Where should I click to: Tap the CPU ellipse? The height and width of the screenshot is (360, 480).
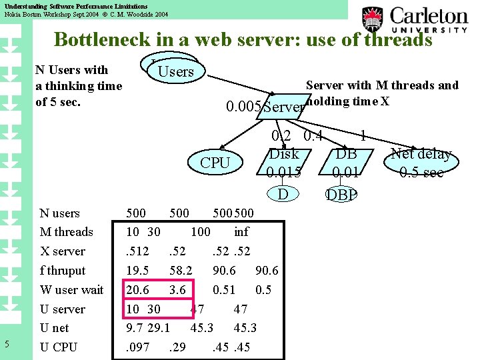coord(215,162)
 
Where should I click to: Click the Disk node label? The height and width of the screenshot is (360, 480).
coord(284,154)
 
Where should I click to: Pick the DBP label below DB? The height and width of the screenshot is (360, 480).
coord(341,195)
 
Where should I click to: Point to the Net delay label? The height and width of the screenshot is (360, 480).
coord(421,155)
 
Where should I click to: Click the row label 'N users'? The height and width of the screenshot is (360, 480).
coord(59,213)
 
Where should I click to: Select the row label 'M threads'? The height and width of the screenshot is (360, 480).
coord(66,232)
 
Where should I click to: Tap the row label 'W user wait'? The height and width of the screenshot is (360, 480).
coord(71,289)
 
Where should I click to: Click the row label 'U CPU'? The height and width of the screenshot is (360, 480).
coord(59,347)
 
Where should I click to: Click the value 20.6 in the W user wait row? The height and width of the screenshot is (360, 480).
coord(137,289)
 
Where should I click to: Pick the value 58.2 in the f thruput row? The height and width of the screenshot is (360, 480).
coord(181,270)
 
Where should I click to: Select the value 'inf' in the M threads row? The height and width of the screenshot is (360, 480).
coord(241,232)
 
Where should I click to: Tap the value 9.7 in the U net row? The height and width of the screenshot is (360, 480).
coord(135,327)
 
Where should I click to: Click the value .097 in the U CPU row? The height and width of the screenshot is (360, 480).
coord(138,347)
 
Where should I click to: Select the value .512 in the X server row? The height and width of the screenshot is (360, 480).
coord(138,251)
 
